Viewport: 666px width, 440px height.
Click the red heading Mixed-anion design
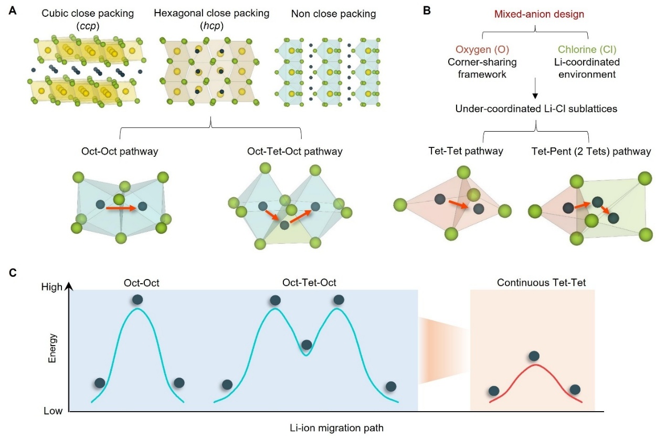535,14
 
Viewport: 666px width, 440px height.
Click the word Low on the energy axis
53,411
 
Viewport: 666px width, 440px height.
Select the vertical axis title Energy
52,348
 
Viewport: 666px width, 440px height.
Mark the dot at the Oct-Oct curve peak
138,299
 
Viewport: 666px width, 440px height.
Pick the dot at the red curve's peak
534,356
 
